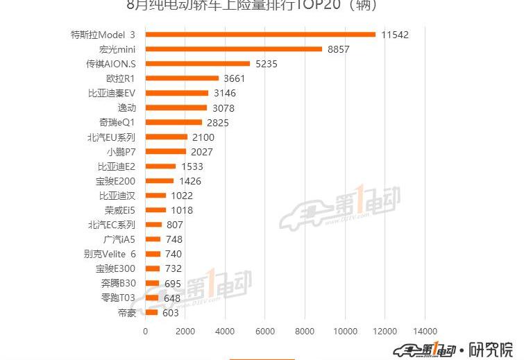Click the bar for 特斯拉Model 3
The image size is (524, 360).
(260, 34)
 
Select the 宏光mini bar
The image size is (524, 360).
(234, 49)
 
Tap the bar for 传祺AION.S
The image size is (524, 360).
(198, 64)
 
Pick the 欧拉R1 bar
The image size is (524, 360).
(182, 78)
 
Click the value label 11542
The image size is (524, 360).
(394, 34)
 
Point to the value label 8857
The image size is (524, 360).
(341, 49)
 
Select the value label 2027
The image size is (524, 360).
(201, 152)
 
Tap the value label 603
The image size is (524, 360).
(171, 313)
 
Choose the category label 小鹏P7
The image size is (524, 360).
(121, 152)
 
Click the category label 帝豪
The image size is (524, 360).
(127, 313)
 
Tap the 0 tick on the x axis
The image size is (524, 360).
(146, 332)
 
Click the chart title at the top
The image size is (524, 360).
(255, 6)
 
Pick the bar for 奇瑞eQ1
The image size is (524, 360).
(174, 122)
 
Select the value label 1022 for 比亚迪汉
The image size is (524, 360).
(181, 196)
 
